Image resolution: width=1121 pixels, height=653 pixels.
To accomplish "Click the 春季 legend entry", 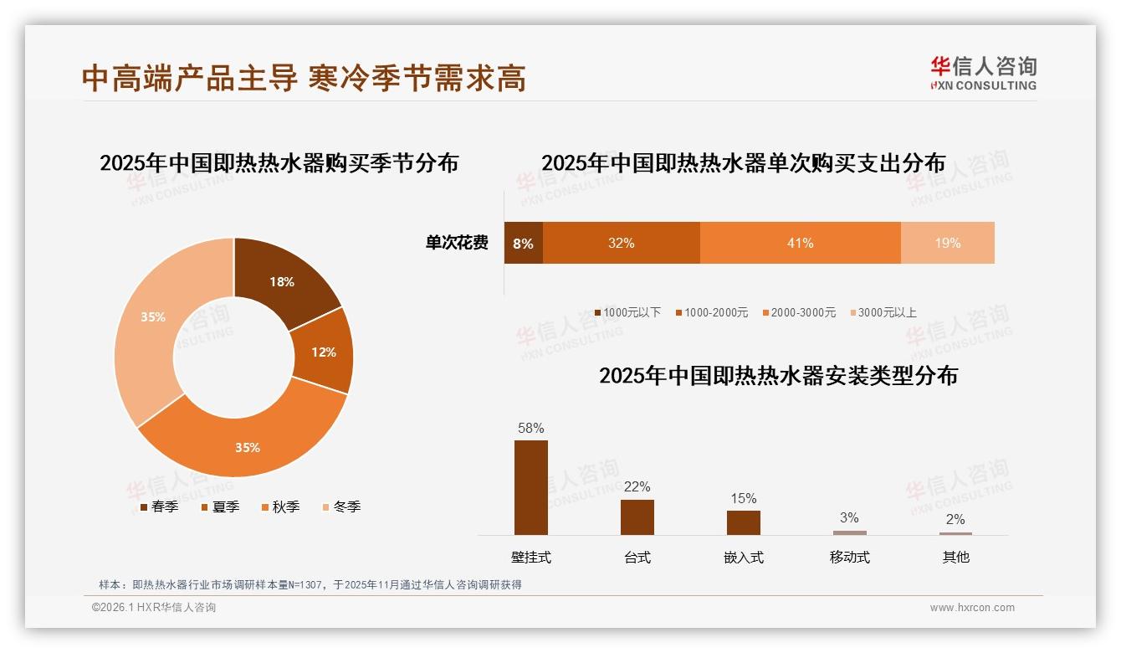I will click(159, 506).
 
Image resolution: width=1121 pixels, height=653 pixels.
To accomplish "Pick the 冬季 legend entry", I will click(341, 506).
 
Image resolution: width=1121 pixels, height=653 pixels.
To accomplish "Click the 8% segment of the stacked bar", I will click(523, 244).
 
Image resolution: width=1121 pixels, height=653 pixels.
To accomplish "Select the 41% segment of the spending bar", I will click(800, 244).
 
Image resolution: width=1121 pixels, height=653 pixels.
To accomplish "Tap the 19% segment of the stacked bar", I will click(948, 244).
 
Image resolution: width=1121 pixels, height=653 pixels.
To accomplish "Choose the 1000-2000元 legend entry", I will click(711, 312).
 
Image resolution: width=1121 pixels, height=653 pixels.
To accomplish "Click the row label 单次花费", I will click(457, 244).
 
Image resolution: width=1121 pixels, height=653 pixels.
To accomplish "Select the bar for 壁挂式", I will click(531, 487).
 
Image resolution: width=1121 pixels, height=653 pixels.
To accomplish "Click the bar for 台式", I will click(637, 517).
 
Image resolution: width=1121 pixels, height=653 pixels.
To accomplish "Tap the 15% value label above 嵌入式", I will click(744, 499).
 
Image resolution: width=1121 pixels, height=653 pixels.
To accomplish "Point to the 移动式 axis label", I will click(850, 557).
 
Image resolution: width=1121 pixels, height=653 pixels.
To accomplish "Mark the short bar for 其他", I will click(955, 533).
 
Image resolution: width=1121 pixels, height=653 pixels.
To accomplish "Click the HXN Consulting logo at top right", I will click(983, 74).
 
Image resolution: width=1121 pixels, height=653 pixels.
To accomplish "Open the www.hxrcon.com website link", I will click(972, 608).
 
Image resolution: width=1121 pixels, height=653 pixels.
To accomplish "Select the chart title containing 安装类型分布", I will click(778, 375).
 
